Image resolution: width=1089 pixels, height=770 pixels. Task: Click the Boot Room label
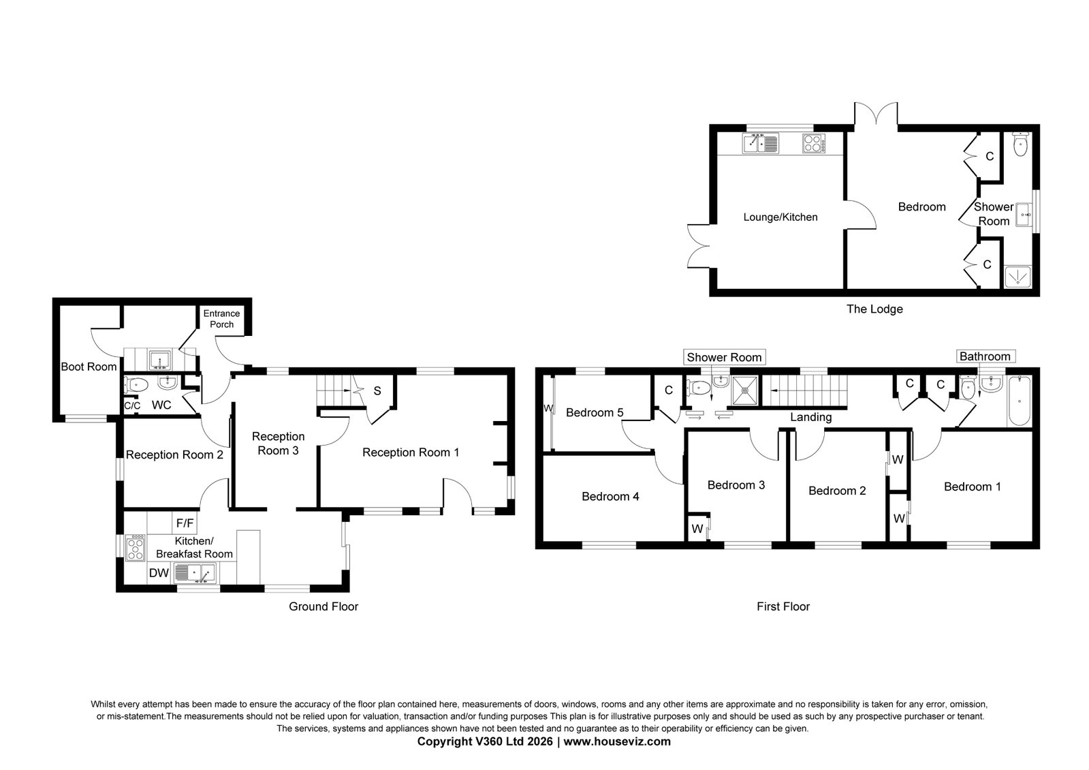pos(89,367)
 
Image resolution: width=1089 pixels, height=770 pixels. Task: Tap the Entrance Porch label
pos(222,319)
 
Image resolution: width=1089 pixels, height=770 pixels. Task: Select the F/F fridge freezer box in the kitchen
pos(185,523)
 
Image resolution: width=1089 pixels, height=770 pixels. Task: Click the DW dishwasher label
pos(159,573)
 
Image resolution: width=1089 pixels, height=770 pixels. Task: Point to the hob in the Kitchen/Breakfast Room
pos(135,547)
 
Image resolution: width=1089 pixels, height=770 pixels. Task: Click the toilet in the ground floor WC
pos(136,385)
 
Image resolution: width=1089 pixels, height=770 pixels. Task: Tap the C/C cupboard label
pos(132,405)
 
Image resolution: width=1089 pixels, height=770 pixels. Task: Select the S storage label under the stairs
pos(377,391)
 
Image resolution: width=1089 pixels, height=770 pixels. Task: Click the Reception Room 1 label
pos(411,452)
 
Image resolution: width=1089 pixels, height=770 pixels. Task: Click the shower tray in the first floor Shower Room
pos(744,390)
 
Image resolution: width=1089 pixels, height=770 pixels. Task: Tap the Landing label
pos(811,417)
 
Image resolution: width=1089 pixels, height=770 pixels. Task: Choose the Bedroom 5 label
pos(595,413)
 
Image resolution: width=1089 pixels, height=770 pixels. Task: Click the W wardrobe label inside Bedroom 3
pos(697,529)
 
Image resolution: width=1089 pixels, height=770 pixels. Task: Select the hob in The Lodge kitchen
pos(814,144)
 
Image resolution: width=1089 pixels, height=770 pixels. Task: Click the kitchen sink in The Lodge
pos(760,144)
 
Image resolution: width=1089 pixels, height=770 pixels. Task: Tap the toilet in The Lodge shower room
pos(1020,144)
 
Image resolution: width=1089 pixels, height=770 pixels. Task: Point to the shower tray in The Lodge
pos(1018,277)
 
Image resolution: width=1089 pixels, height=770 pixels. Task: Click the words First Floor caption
pos(783,606)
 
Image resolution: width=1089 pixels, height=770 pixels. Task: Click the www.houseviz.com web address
pos(617,741)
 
